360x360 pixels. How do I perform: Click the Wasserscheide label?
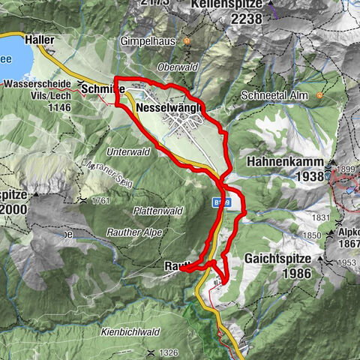pos(37,83)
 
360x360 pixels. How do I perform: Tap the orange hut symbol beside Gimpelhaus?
pos(187,40)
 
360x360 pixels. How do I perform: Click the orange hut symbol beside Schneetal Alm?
pos(320,95)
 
